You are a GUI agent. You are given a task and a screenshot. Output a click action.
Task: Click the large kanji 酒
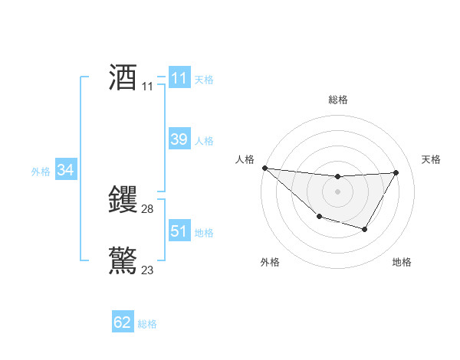[x=123, y=77]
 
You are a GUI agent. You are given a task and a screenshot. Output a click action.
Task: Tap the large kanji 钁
[x=123, y=200]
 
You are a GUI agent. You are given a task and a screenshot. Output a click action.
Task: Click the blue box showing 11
[x=179, y=78]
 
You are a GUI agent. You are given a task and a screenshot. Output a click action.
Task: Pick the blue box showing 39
[x=179, y=139]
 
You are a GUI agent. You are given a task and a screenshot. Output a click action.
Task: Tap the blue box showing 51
[x=179, y=231]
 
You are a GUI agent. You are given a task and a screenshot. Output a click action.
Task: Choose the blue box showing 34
[x=65, y=170]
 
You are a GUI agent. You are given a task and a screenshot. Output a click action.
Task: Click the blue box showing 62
[x=123, y=322]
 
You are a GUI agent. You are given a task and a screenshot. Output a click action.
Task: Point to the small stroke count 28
[x=148, y=209]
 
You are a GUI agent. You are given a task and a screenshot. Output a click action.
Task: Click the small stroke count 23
[x=148, y=270]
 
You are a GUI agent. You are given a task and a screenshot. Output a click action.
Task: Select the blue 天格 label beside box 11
[x=204, y=80]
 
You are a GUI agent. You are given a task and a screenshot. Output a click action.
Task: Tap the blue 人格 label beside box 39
[x=204, y=141]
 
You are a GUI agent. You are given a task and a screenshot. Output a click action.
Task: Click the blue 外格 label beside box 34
[x=41, y=172]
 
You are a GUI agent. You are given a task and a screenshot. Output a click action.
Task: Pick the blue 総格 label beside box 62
[x=147, y=324]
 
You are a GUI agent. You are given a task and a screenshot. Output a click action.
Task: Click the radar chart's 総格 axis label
[x=337, y=100]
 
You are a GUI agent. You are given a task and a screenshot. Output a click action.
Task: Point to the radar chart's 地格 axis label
[x=402, y=262]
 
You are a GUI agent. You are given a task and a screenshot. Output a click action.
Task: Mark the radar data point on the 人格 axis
[x=264, y=168]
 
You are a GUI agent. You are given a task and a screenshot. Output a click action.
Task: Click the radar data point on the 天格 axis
[x=396, y=172]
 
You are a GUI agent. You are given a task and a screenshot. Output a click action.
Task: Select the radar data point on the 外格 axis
[x=319, y=217]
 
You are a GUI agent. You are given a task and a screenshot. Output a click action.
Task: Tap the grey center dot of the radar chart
[x=337, y=191]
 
